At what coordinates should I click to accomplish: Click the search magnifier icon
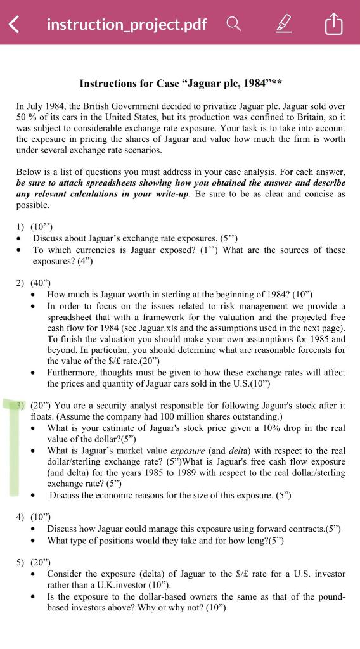pos(234,24)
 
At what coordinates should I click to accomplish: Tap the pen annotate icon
pos(285,25)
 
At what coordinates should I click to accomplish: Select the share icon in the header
pos(333,25)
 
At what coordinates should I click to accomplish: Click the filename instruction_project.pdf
pos(127,25)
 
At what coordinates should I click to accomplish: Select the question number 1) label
pos(21,226)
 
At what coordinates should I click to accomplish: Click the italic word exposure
pos(187,451)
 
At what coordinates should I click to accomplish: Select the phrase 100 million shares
pos(203,416)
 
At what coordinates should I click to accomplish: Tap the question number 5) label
pos(21,562)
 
